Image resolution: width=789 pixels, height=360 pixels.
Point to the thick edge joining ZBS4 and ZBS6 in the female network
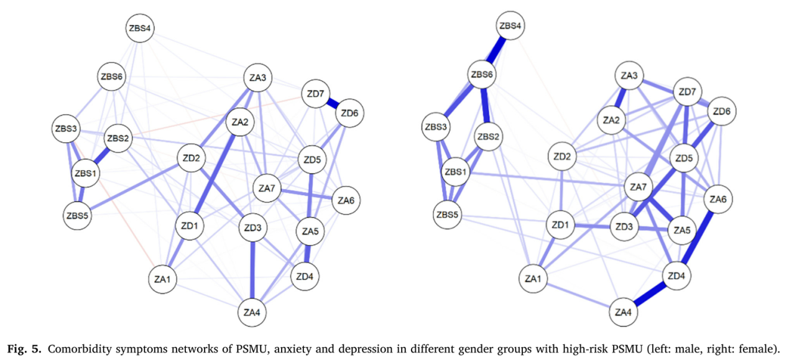(497, 50)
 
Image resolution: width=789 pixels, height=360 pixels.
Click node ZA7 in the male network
(267, 188)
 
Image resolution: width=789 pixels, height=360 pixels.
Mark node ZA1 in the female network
(532, 278)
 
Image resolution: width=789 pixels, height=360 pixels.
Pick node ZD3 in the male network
(253, 228)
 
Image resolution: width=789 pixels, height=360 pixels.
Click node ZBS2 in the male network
(117, 138)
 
